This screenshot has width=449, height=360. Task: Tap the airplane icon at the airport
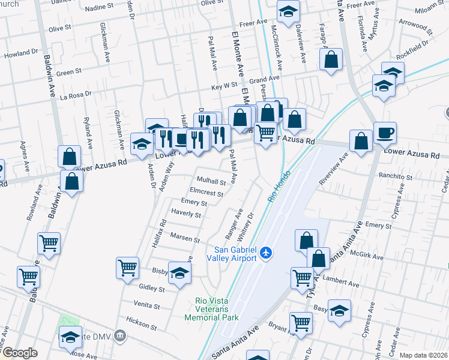(x=267, y=254)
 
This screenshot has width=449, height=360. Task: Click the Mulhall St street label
(x=211, y=181)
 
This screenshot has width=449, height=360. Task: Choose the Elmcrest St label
(x=206, y=194)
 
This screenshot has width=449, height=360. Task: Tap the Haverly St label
(x=185, y=214)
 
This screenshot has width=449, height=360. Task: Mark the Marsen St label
(x=184, y=238)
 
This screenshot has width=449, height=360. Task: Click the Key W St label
(x=224, y=86)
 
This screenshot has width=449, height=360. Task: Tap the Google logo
(x=20, y=352)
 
